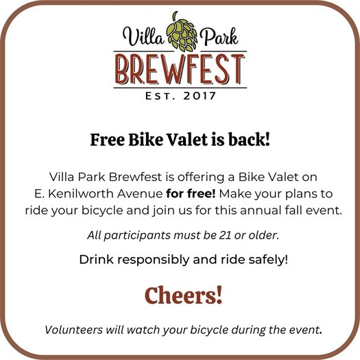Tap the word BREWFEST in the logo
[x=180, y=69]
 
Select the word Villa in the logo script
[x=139, y=34]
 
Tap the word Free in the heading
[x=106, y=140]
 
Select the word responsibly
[x=154, y=260]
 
